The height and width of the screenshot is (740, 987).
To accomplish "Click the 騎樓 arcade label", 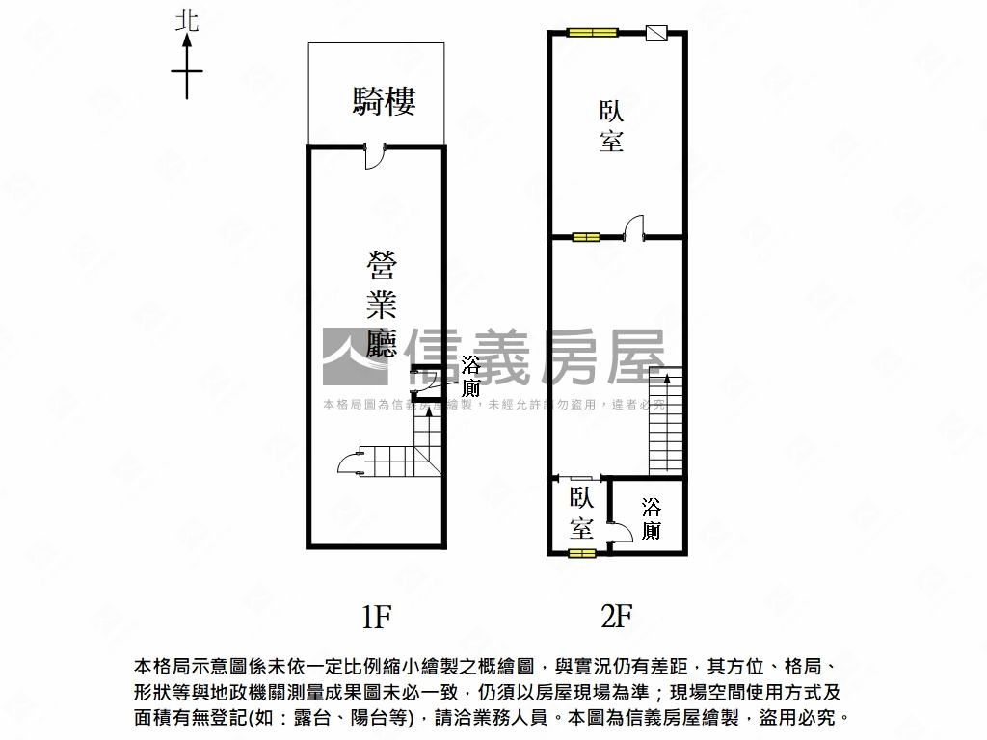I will click(x=384, y=101).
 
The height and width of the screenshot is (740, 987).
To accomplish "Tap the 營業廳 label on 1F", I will click(x=382, y=304).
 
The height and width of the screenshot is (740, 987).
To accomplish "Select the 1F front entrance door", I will click(x=375, y=155).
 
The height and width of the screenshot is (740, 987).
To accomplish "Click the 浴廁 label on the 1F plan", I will click(x=470, y=377).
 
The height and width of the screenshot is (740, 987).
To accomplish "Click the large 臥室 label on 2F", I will click(x=611, y=125).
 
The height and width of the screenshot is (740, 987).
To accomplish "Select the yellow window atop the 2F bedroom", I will click(x=592, y=32).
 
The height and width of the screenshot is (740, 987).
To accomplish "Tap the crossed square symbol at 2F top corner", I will click(x=655, y=32).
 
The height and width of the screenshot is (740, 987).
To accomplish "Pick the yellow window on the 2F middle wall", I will click(x=585, y=236).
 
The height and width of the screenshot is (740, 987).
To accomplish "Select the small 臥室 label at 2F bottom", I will click(x=581, y=513).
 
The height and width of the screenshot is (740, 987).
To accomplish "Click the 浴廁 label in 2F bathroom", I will click(x=652, y=518).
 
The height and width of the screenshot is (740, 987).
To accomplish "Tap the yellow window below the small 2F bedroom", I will click(x=581, y=553).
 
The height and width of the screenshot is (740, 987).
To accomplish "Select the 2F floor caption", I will click(x=616, y=615).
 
